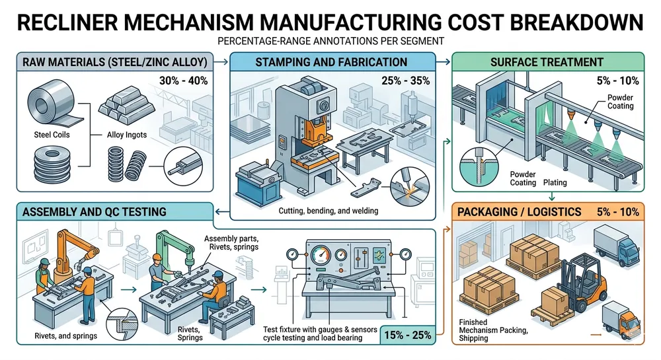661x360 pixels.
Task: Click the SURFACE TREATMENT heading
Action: (x=547, y=62)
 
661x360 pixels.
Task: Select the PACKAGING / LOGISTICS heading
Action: (x=518, y=212)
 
